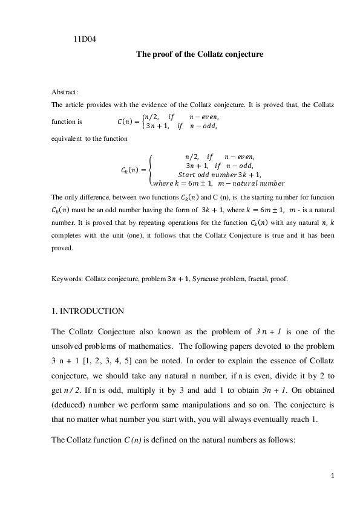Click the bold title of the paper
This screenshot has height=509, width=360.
pos(200,54)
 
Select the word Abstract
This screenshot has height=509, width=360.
pos(65,92)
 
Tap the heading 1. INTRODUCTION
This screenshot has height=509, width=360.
pos(88,311)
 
